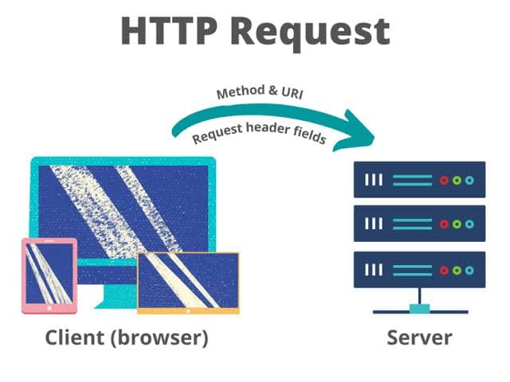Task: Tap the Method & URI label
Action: [260, 92]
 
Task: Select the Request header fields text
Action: [260, 127]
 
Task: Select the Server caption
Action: [419, 337]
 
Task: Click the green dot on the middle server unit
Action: [457, 224]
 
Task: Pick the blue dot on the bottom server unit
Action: [469, 269]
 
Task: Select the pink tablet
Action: [49, 275]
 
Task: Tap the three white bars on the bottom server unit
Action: [373, 269]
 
